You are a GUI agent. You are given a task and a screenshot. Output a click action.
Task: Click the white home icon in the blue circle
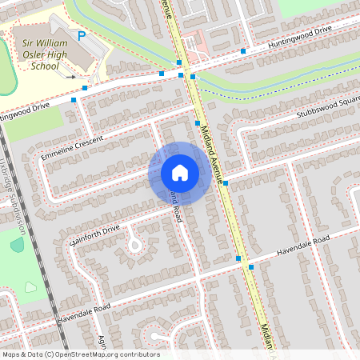[179, 172]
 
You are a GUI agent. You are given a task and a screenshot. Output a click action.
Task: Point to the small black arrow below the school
[70, 78]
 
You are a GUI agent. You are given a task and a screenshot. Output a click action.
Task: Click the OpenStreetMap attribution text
[80, 354]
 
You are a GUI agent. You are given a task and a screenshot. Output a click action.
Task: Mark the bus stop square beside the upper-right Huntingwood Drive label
[243, 50]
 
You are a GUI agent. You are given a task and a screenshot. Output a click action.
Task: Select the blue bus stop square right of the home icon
[226, 183]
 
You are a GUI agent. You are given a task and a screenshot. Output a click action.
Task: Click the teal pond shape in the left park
[17, 244]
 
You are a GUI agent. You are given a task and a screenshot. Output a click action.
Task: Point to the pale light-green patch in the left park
[31, 286]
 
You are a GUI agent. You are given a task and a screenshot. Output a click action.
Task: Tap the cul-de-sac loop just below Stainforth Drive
[134, 243]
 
